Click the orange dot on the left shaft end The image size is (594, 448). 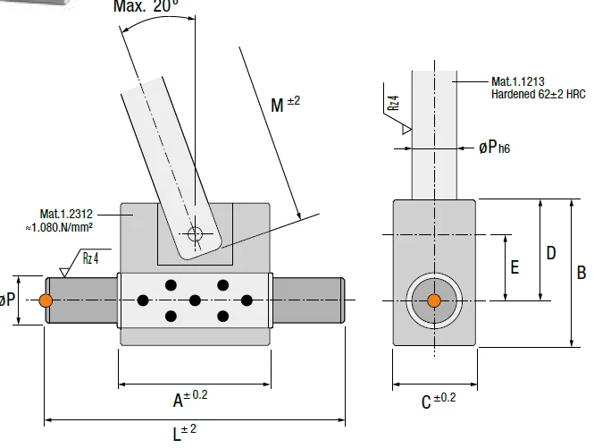[x=46, y=300]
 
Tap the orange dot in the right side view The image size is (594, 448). [x=434, y=300]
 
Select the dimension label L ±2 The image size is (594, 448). [x=185, y=433]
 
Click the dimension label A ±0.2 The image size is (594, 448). [x=190, y=398]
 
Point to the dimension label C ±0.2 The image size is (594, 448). [x=439, y=401]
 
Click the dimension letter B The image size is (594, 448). [x=581, y=273]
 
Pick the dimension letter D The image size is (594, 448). [x=551, y=253]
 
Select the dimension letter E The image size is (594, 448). [x=515, y=267]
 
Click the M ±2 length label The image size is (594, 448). [x=285, y=104]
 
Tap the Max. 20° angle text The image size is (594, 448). [x=146, y=5]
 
